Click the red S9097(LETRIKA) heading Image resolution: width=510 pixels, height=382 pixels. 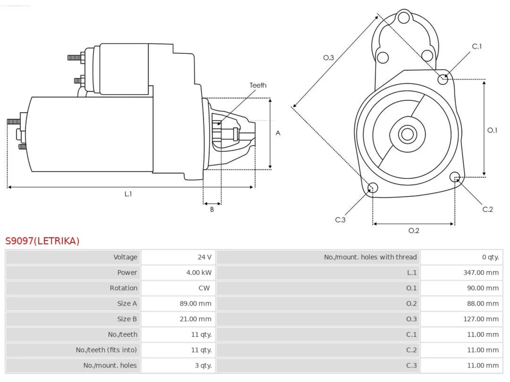click(42, 241)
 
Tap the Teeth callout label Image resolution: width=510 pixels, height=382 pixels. click(258, 85)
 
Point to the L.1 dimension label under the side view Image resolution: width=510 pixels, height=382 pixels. click(128, 194)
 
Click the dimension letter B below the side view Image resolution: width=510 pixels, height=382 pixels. click(212, 209)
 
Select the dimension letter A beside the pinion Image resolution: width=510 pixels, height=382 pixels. click(278, 133)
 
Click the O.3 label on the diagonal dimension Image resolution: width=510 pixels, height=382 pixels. click(328, 58)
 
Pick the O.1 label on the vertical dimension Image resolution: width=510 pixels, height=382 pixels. click(492, 131)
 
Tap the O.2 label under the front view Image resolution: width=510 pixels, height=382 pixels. click(414, 230)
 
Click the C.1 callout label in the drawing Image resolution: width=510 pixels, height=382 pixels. click(477, 47)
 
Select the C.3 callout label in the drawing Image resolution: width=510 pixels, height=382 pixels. click(340, 220)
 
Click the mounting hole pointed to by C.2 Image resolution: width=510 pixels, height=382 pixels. click(455, 177)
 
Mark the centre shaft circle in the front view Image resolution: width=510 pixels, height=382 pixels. click(407, 134)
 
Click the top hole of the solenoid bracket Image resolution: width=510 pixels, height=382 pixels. click(404, 18)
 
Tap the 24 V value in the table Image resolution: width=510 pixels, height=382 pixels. click(204, 257)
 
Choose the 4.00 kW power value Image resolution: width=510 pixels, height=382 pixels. click(199, 273)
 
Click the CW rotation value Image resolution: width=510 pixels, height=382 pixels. click(204, 288)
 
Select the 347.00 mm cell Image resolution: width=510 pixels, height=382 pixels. click(481, 273)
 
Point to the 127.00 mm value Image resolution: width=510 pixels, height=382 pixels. click(481, 319)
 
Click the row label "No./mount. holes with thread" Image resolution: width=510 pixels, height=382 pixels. click(371, 257)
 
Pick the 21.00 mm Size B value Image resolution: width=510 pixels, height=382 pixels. click(195, 319)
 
